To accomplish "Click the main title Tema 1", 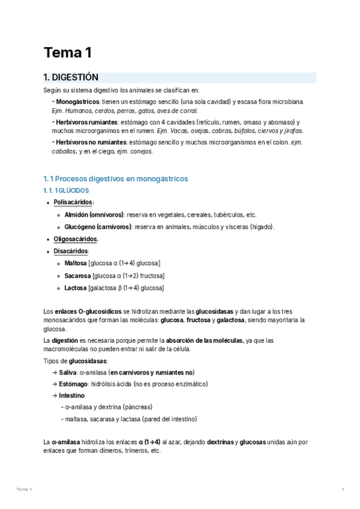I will coord(67,53).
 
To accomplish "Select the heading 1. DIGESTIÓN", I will coord(71,77).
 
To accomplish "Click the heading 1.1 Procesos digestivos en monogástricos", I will coord(116,179).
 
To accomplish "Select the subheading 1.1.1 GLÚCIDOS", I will coord(66,190).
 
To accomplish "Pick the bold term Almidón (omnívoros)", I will coord(94,214).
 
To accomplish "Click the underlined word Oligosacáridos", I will coord(76,239).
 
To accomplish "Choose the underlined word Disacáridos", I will coord(71,251).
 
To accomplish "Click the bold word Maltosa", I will coord(75,264).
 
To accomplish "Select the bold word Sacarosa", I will coord(77,276).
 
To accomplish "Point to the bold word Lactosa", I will coord(76,288).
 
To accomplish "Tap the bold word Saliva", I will coord(68,373).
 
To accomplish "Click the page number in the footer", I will coord(343,490).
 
